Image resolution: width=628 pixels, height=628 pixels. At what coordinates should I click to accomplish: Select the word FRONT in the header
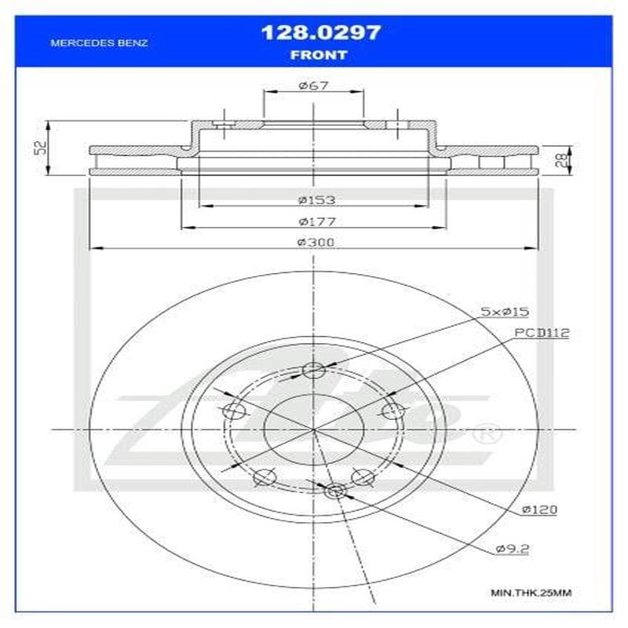(x=319, y=55)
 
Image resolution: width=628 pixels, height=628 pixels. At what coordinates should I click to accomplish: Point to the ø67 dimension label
(x=312, y=86)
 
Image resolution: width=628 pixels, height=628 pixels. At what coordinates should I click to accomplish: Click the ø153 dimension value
(x=312, y=200)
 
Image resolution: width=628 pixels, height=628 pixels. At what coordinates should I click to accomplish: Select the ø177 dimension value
(x=312, y=221)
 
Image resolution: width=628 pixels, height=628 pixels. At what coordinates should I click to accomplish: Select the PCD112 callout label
(x=542, y=334)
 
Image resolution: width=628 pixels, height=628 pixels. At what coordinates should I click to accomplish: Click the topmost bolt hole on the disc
(x=313, y=371)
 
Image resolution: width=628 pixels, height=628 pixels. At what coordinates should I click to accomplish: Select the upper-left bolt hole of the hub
(x=235, y=411)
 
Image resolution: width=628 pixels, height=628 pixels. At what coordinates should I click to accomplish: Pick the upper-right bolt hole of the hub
(x=392, y=411)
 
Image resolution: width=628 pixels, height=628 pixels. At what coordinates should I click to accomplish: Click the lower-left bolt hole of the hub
(x=265, y=476)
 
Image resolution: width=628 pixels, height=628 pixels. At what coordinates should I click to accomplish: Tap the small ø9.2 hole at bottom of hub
(x=335, y=491)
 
